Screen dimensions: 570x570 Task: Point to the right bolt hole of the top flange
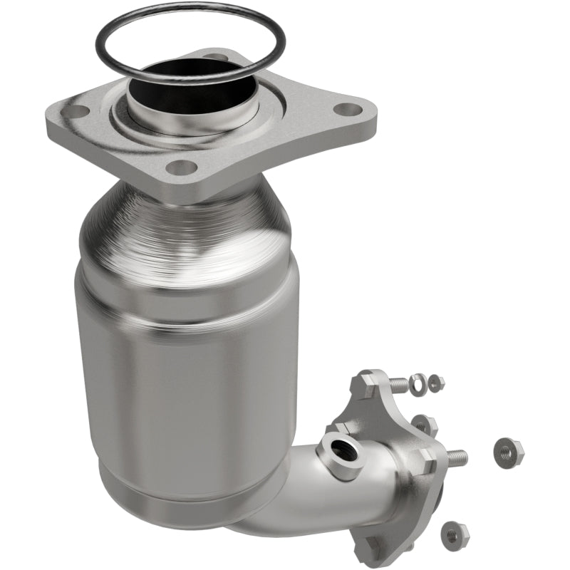(x=346, y=110)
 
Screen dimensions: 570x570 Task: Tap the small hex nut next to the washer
(x=435, y=382)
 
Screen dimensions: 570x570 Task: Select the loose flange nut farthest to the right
(x=508, y=450)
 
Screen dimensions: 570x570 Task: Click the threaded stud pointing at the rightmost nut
(x=456, y=455)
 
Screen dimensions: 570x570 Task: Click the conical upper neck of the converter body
(x=185, y=228)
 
